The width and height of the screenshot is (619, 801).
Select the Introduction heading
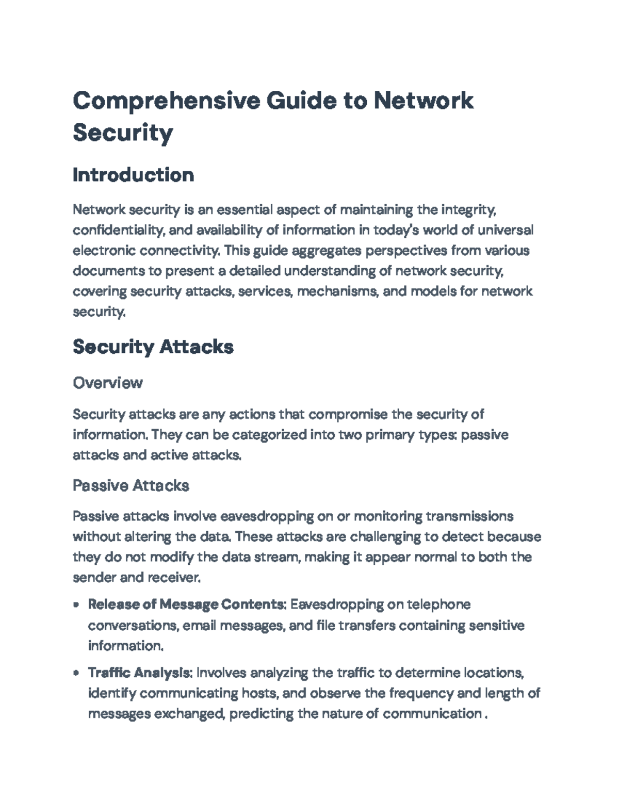pos(133,175)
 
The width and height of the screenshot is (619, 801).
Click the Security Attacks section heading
pos(153,347)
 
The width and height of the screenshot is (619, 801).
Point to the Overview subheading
pos(107,383)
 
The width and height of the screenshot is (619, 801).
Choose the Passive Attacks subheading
pos(131,485)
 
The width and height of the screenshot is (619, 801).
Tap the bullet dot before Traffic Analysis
pos(76,673)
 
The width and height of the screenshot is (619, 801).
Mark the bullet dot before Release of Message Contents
pos(76,605)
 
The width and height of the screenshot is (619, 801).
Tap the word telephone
pos(438,604)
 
